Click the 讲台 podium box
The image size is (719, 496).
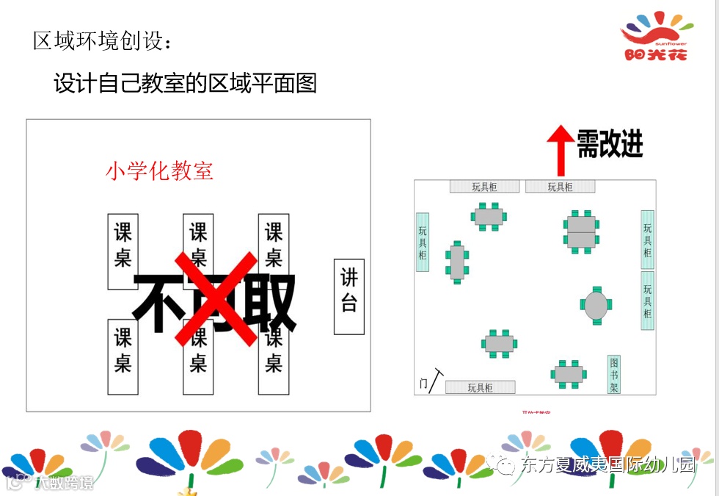click(x=349, y=296)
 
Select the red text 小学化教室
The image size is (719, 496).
click(x=159, y=171)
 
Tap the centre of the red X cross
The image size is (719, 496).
click(x=216, y=299)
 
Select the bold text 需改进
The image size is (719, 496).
click(x=610, y=143)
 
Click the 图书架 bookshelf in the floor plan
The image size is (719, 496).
click(x=614, y=374)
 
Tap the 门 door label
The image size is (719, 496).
click(x=423, y=384)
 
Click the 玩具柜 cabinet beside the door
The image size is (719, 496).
click(x=481, y=387)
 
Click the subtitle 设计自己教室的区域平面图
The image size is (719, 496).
click(x=185, y=83)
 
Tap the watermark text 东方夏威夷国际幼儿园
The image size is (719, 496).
click(x=607, y=464)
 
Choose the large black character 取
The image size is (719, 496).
click(x=269, y=301)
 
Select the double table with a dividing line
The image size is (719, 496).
click(x=581, y=231)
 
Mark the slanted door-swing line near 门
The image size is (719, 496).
click(x=438, y=380)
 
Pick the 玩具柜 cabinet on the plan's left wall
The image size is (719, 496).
click(x=423, y=242)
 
